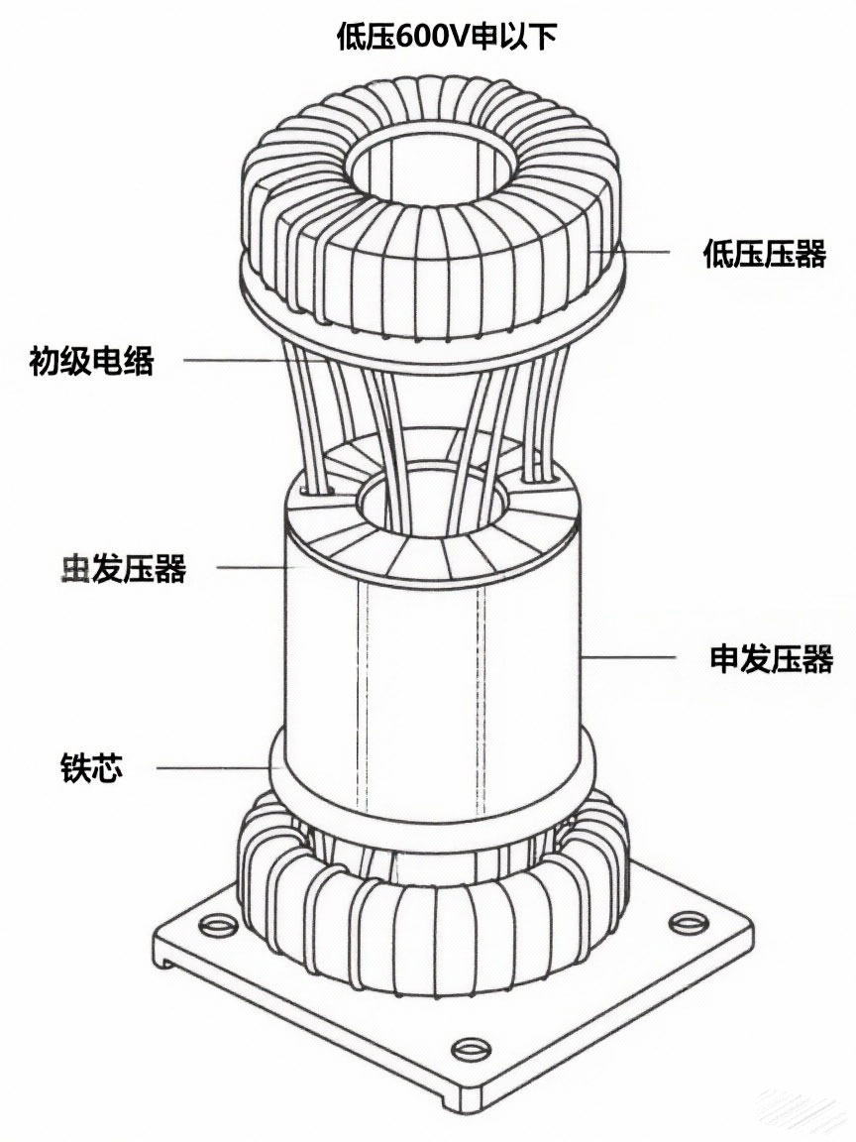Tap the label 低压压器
(764, 254)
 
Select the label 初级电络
(92, 360)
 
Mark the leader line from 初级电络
(228, 359)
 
